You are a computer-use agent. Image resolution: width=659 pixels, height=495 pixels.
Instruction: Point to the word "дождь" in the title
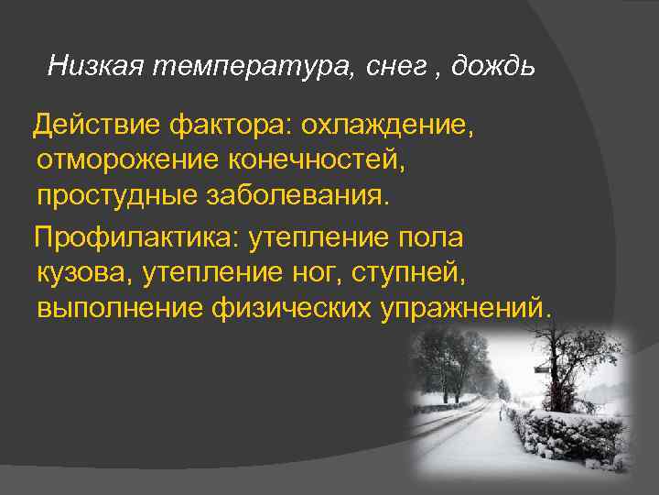(491, 65)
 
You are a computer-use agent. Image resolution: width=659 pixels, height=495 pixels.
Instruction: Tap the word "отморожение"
(114, 160)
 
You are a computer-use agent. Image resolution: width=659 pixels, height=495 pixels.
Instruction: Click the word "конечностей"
(303, 160)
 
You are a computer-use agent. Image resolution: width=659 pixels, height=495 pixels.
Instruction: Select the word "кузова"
(83, 273)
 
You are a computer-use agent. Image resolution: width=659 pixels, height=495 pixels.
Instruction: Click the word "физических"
(290, 308)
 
